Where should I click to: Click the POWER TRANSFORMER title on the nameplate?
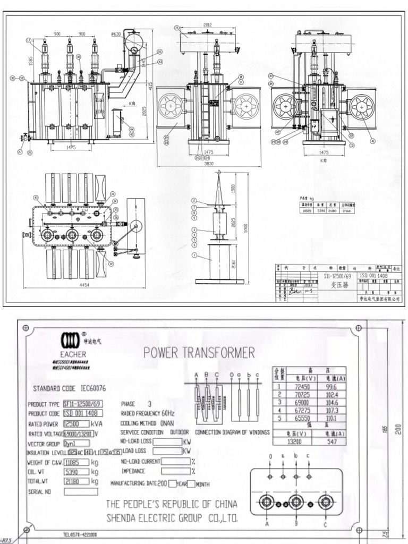pos(199,352)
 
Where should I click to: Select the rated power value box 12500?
pos(73,423)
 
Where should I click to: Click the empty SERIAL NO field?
pos(81,491)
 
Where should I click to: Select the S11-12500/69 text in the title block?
pos(338,277)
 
